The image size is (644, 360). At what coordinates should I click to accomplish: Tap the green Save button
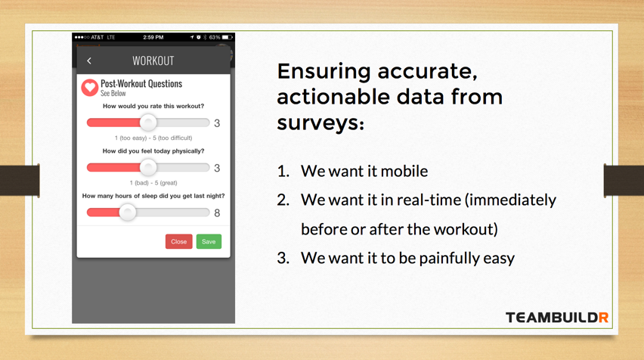(209, 242)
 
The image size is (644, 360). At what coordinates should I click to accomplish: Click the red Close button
(178, 242)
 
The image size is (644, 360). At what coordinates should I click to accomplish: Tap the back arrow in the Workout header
(89, 61)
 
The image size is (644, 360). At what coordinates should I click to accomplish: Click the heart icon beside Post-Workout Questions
(89, 88)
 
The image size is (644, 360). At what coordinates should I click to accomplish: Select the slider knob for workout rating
(148, 123)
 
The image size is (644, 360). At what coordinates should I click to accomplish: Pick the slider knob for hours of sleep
(128, 213)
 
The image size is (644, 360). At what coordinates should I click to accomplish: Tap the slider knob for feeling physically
(148, 167)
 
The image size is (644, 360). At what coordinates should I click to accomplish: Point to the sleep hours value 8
(217, 213)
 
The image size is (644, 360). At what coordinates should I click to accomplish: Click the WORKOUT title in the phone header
(153, 61)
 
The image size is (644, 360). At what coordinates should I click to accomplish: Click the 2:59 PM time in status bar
(153, 37)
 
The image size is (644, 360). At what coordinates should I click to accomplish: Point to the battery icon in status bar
(228, 37)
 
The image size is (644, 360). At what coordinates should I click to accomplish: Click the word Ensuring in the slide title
(324, 72)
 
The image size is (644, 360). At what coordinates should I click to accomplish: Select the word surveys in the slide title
(320, 123)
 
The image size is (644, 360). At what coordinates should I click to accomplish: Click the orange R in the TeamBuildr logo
(603, 318)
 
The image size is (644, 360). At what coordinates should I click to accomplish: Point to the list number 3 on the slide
(283, 258)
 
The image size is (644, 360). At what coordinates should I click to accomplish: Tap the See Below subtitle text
(113, 93)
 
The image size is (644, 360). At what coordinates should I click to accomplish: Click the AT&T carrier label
(98, 37)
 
